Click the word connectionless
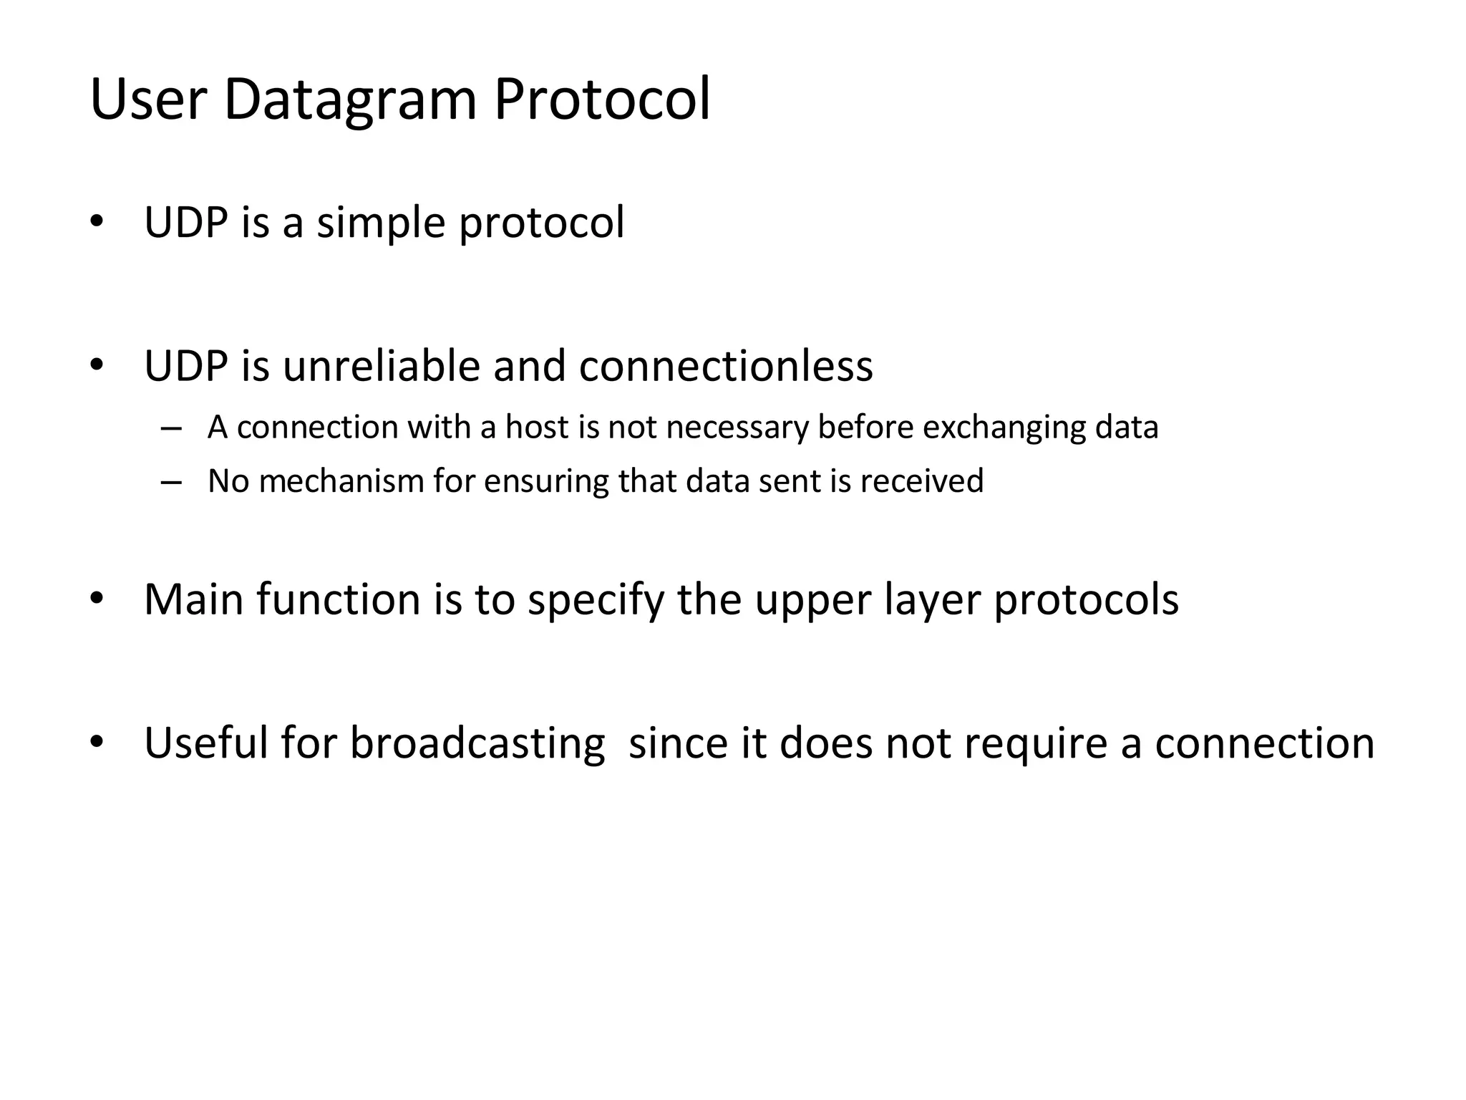pos(726,366)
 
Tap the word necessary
pos(737,428)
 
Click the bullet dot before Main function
pos(97,597)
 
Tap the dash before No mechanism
pos(171,482)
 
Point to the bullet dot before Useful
pos(97,740)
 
